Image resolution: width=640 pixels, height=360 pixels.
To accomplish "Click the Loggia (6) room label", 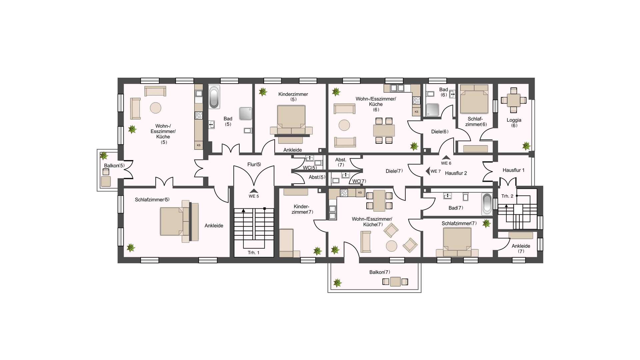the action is pos(514,123).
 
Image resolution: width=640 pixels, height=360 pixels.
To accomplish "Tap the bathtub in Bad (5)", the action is pos(214,97).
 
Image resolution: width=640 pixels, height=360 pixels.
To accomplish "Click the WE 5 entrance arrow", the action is pos(254,191).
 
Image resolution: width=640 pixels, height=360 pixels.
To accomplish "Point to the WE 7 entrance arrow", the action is pos(428,171).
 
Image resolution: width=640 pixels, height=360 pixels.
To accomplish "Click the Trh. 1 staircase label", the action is pos(253,253).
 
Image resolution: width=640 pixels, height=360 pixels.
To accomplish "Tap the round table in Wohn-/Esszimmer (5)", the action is pos(156,108).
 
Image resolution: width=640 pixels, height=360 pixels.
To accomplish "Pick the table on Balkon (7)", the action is pos(395,282).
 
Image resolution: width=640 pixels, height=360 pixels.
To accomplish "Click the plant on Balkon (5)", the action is pos(104,155).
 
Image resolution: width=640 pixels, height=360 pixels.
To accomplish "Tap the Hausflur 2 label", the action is pos(456,173).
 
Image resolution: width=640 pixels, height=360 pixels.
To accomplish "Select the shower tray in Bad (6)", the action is pos(433,110).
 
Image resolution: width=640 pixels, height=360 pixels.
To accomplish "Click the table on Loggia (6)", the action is pos(514,100).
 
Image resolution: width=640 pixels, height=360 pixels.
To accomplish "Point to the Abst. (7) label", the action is pos(341,162).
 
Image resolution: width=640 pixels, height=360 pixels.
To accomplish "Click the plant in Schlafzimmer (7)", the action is pos(487,223).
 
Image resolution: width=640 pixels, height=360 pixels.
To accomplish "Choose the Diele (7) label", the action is pos(394,171).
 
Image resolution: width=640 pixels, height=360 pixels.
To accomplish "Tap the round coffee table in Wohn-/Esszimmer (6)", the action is pos(344,125).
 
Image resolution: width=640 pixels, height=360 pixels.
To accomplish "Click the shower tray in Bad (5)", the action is pos(246,113).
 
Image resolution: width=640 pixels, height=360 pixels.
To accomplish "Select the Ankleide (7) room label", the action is pos(521,249).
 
